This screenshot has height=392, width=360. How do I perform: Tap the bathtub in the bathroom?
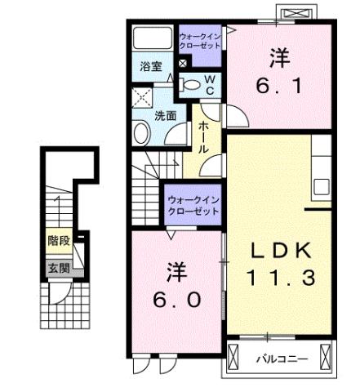[x=152, y=40]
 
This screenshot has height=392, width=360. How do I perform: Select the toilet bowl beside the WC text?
[x=191, y=83]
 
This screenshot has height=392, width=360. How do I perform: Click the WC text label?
[x=209, y=84]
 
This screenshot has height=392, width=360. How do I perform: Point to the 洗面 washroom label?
[x=165, y=115]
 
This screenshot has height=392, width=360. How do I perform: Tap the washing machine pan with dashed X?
[x=143, y=98]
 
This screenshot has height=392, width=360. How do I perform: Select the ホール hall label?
[x=202, y=138]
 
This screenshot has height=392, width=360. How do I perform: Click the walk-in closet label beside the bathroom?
[x=199, y=42]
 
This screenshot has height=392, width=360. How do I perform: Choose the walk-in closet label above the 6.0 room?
[x=193, y=205]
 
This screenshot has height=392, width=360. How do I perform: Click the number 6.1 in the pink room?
[x=279, y=72]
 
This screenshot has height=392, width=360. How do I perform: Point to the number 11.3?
[x=281, y=277]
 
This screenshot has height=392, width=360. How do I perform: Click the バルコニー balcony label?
[x=279, y=358]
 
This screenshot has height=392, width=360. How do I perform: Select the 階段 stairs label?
[x=58, y=241]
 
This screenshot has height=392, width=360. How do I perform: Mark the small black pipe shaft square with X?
[x=183, y=63]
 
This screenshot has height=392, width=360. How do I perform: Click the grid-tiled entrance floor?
[x=59, y=306]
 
